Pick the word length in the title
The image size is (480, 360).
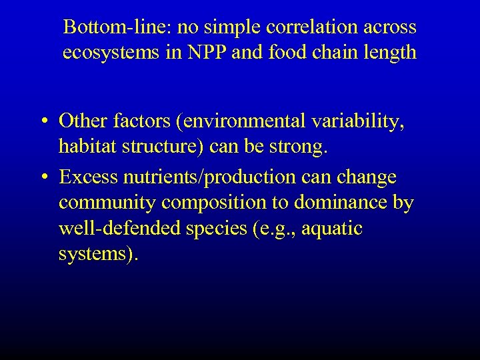pyautogui.click(x=394, y=53)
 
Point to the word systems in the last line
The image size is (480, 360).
pyautogui.click(x=94, y=255)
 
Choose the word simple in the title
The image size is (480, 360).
pyautogui.click(x=235, y=27)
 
